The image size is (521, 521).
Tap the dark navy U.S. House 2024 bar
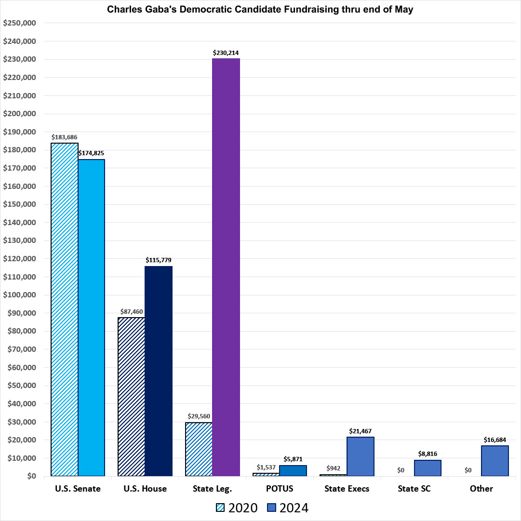point(159,371)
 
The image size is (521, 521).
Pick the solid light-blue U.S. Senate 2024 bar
point(92,318)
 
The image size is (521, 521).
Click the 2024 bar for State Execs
point(361,456)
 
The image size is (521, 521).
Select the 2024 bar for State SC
point(427,468)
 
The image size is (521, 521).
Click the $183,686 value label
point(65,136)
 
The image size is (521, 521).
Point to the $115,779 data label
point(159,260)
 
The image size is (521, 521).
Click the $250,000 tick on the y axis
point(19,23)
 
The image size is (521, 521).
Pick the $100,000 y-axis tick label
point(19,295)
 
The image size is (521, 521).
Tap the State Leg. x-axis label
point(213,489)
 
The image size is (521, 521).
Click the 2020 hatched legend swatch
point(221,508)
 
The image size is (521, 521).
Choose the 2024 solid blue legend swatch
point(271,508)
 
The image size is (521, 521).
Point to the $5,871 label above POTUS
point(293,459)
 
